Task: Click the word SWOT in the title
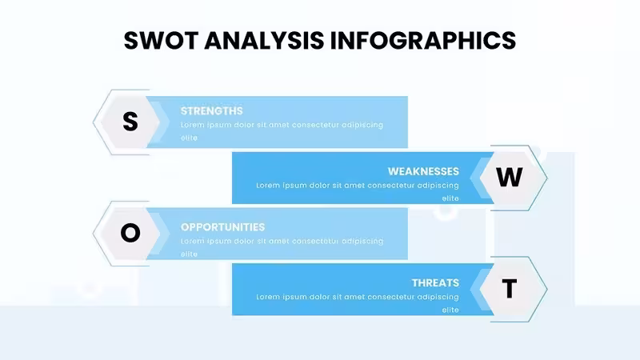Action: (x=161, y=41)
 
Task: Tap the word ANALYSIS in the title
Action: (x=264, y=41)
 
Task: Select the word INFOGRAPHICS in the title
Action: (x=423, y=41)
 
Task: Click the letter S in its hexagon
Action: (x=130, y=122)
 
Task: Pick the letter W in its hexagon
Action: (x=510, y=178)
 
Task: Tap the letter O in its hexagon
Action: (x=130, y=233)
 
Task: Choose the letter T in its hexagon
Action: (x=510, y=289)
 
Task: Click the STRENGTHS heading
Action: (x=211, y=111)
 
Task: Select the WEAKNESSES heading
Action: (x=423, y=171)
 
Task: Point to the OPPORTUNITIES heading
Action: (x=222, y=227)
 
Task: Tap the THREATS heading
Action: (x=435, y=283)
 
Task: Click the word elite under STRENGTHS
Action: (x=189, y=138)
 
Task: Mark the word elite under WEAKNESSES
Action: (x=450, y=198)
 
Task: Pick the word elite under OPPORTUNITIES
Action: (x=189, y=254)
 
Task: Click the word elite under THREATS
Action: (x=450, y=310)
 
